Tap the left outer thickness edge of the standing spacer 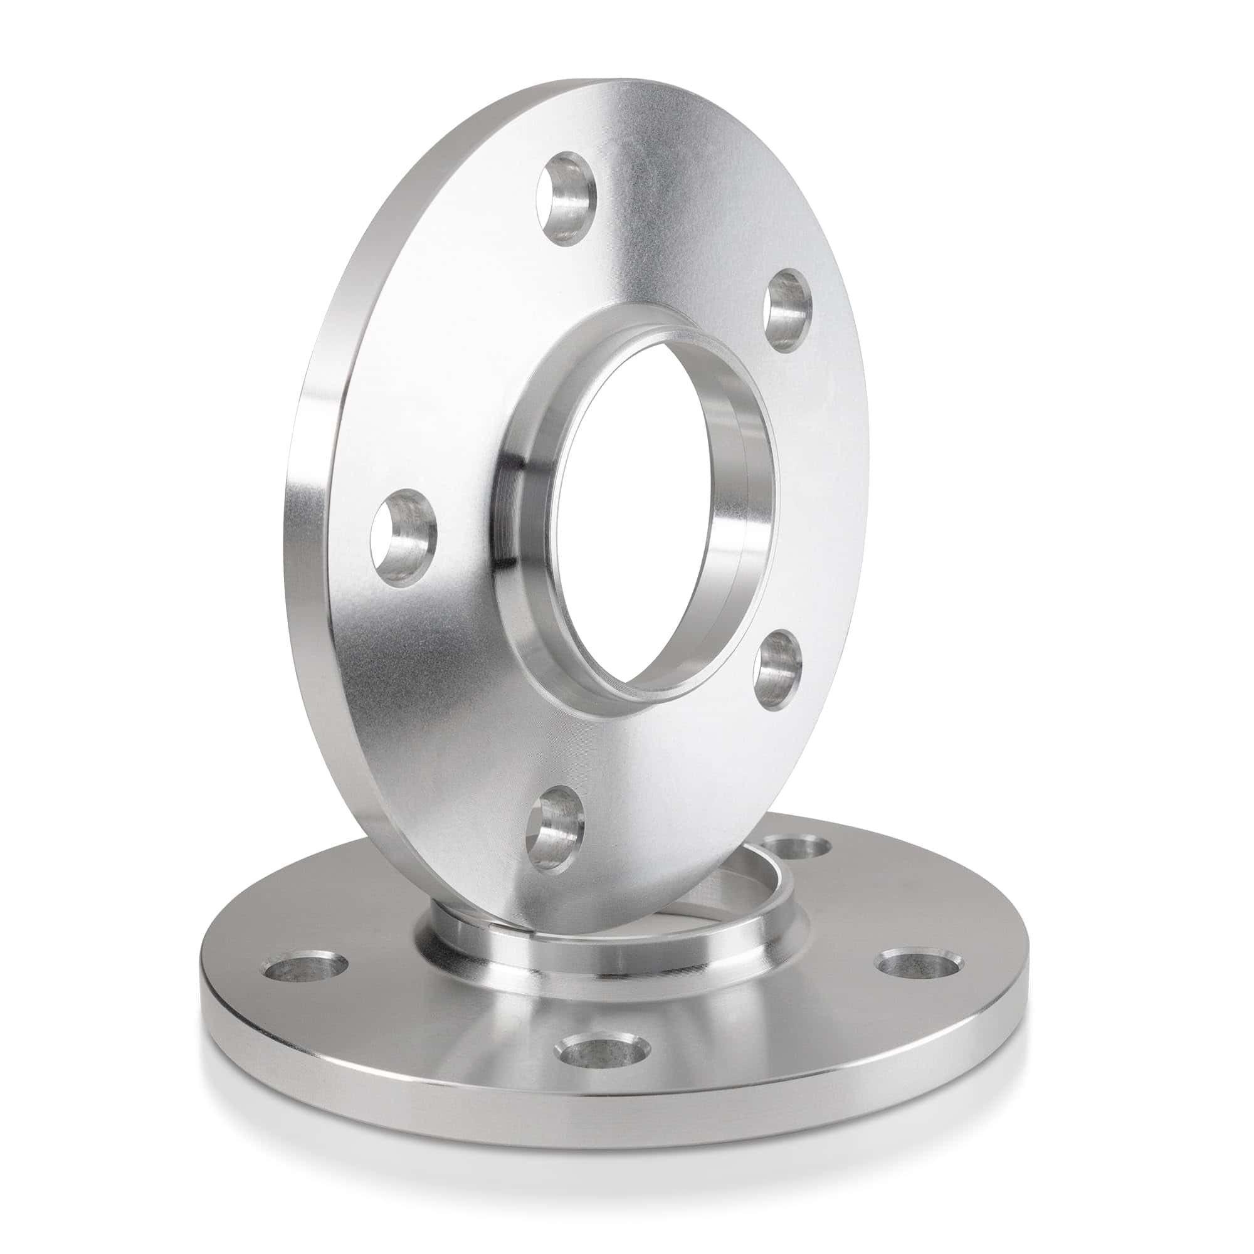(312, 519)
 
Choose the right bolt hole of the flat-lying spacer (919, 963)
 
